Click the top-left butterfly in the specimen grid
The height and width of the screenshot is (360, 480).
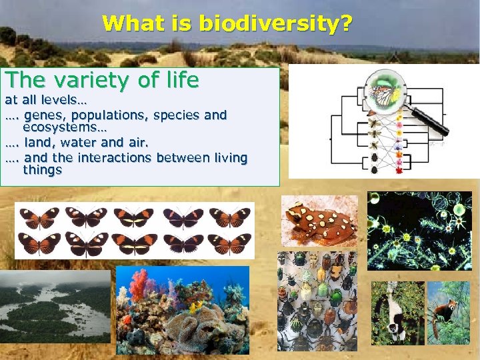point(38,217)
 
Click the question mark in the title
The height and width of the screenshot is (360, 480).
point(346,24)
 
